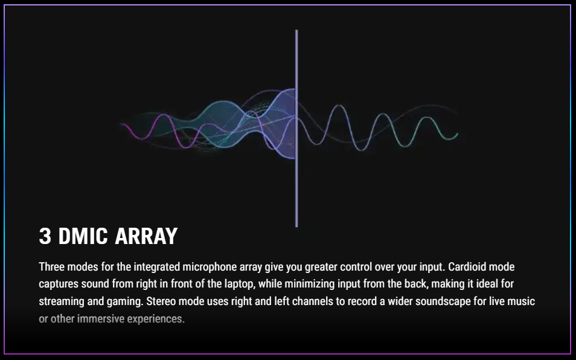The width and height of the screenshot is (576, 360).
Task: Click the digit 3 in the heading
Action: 45,236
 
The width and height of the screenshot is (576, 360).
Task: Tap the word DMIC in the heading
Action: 83,236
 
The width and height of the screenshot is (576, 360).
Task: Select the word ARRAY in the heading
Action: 146,236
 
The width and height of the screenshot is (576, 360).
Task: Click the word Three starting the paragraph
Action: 50,266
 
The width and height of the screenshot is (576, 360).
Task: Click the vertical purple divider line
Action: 296,128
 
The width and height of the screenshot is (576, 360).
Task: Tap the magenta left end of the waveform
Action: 123,124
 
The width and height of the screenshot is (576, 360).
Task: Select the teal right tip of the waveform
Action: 457,135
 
